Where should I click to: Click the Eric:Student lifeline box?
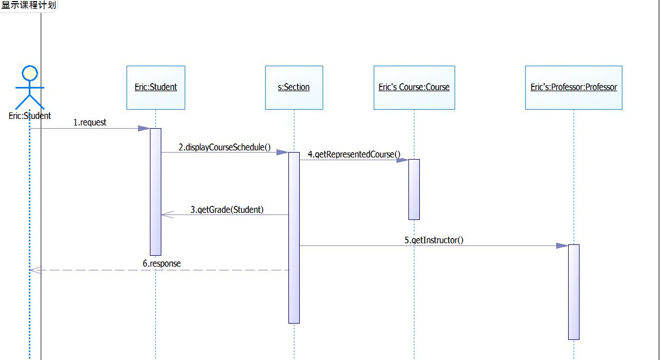click(x=156, y=87)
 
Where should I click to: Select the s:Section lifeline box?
click(x=294, y=87)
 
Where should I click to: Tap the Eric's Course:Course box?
click(x=414, y=87)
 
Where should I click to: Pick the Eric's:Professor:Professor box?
click(x=574, y=87)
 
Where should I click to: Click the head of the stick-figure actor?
click(x=29, y=73)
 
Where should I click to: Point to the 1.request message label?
click(x=90, y=123)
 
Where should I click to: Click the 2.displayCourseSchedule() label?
click(x=224, y=147)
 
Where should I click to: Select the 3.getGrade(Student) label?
click(x=227, y=210)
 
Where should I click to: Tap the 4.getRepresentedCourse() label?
click(x=354, y=155)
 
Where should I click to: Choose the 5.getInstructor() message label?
click(x=434, y=240)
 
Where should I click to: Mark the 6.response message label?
click(x=162, y=264)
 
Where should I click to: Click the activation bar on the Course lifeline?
click(x=414, y=189)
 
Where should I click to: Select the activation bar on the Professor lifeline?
click(x=574, y=292)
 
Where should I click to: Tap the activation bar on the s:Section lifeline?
click(x=294, y=237)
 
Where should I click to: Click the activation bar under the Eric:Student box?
click(x=156, y=191)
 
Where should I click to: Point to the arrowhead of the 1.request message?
click(x=144, y=129)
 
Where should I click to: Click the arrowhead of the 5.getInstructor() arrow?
click(x=562, y=246)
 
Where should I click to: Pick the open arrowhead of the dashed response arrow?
click(x=35, y=270)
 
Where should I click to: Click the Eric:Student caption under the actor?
click(x=30, y=116)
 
